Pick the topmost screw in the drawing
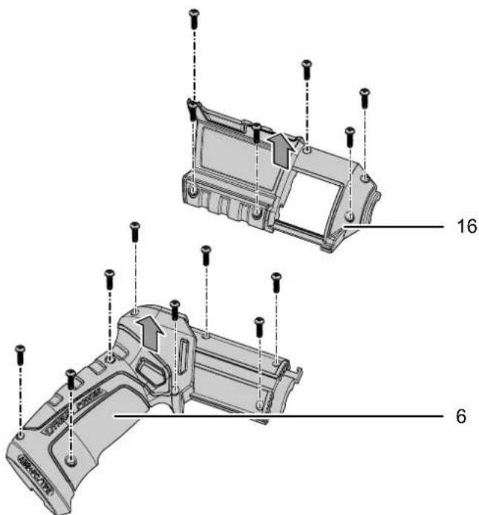tap(195, 17)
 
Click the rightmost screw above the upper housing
tap(365, 97)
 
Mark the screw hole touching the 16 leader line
tap(350, 218)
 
